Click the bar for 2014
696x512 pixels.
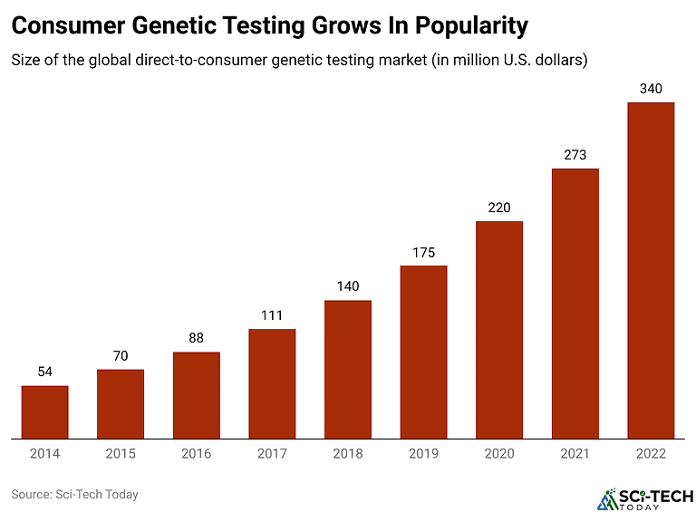(x=44, y=412)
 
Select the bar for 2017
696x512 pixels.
(x=272, y=383)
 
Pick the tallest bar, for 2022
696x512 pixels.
(x=651, y=270)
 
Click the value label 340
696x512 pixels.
(x=651, y=89)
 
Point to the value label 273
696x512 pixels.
(x=575, y=155)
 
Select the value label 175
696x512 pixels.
(x=423, y=252)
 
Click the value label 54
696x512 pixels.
(x=44, y=372)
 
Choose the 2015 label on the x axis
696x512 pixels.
(x=121, y=453)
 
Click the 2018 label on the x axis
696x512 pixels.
(x=348, y=453)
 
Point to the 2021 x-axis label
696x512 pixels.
(x=575, y=453)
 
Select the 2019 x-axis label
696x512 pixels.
(x=423, y=453)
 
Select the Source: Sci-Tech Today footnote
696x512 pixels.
(x=74, y=495)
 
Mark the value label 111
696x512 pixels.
(x=272, y=315)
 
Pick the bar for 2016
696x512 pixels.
(x=196, y=395)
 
